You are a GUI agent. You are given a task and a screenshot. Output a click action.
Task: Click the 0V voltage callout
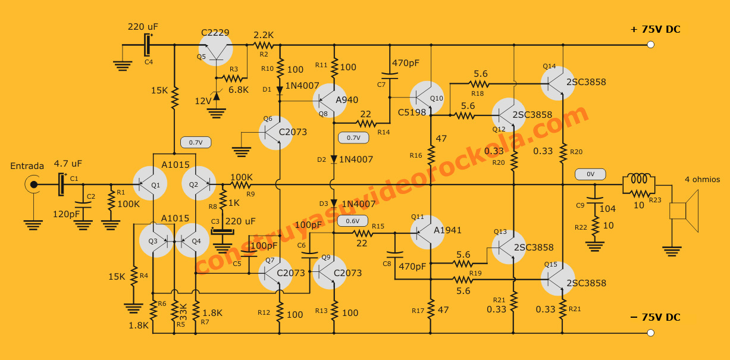click(590, 174)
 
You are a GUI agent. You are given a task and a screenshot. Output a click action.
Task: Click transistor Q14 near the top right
click(559, 82)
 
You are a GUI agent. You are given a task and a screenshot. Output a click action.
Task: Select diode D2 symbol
click(334, 159)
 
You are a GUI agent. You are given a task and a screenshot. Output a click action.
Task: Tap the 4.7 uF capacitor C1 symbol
click(61, 184)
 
